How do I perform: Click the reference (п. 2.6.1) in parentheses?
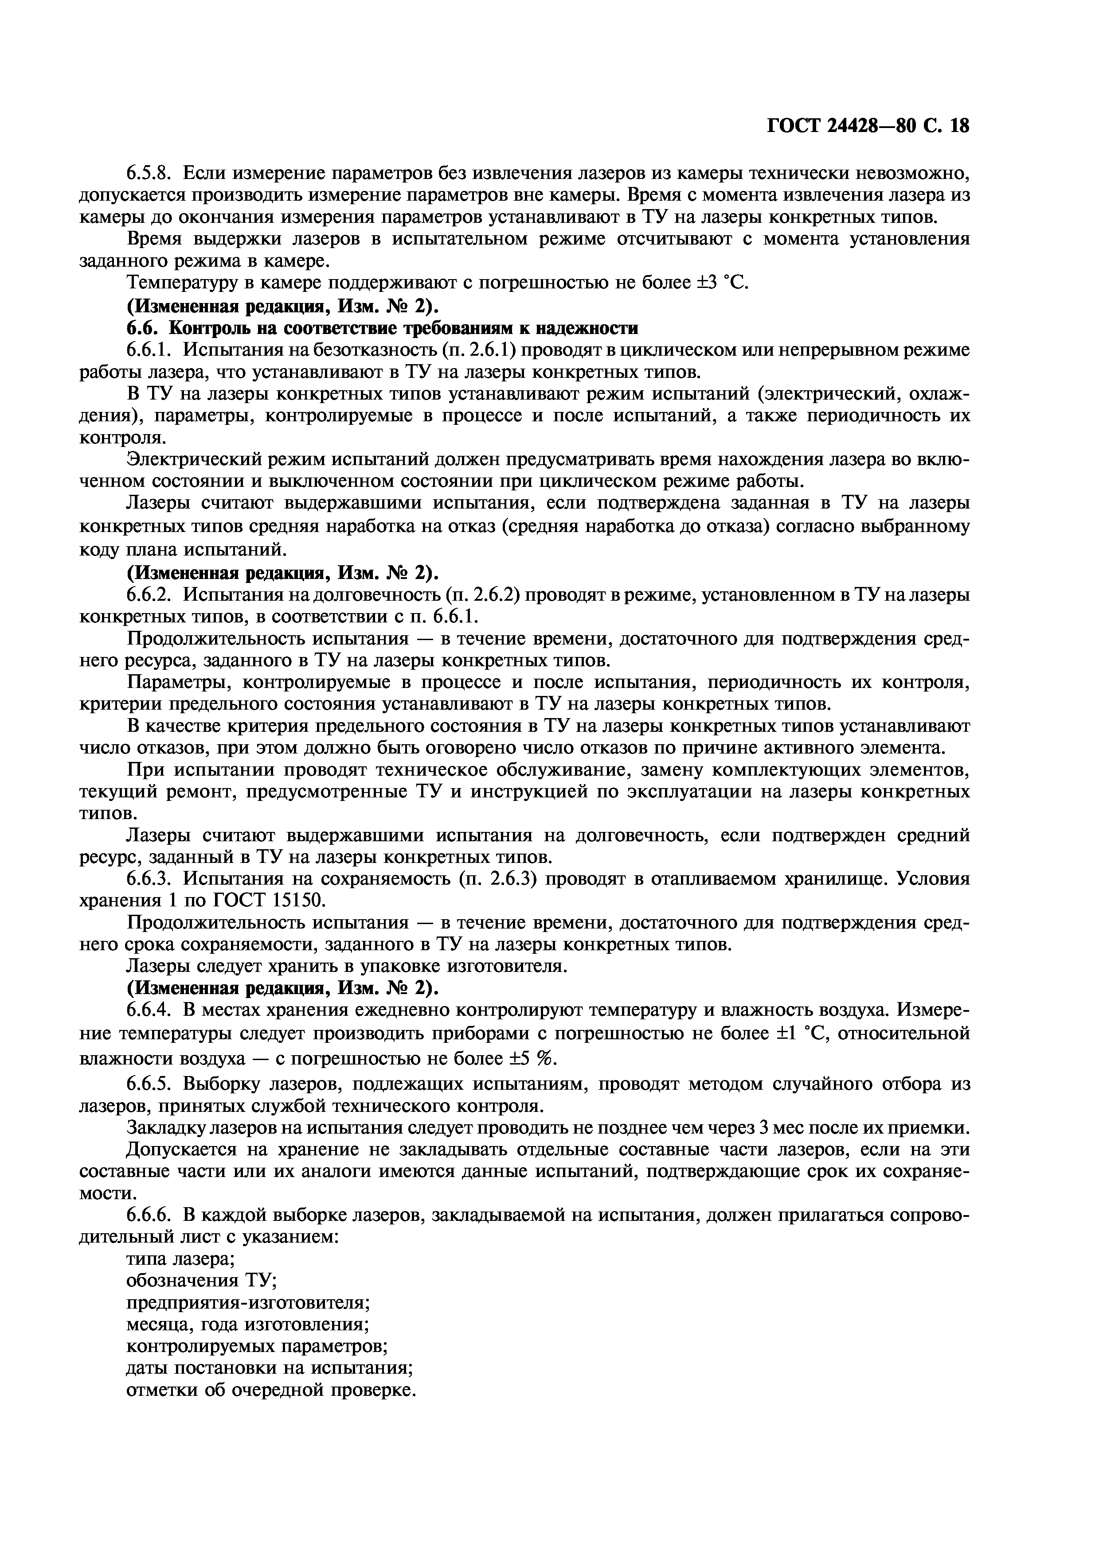479,350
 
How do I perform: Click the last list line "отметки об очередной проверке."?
270,1390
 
